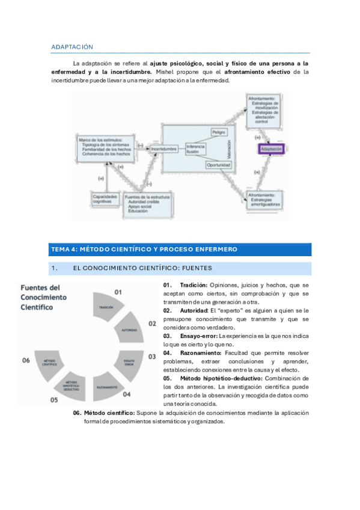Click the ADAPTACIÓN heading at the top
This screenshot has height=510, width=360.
point(72,46)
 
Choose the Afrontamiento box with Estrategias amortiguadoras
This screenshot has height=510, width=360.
point(264,200)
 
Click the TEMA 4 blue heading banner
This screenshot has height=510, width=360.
point(180,249)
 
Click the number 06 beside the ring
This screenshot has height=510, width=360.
point(26,360)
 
